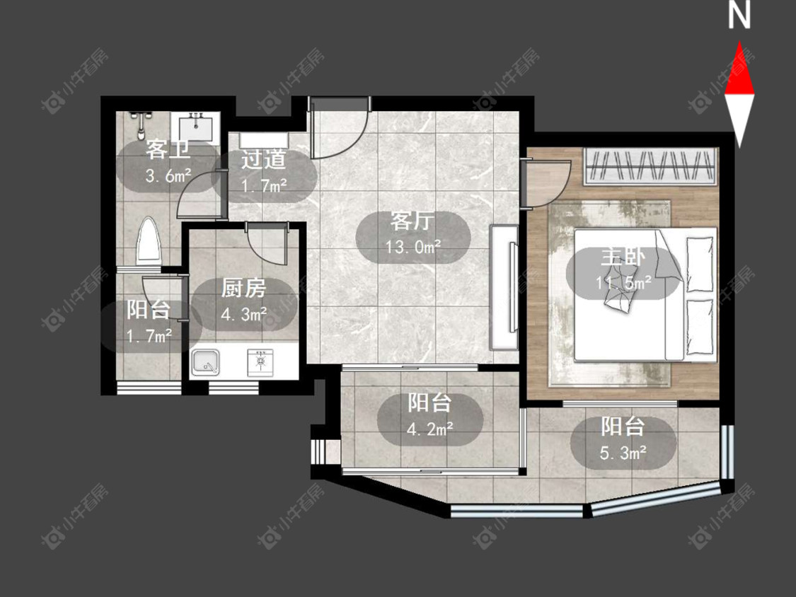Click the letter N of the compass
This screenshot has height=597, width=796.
click(x=739, y=15)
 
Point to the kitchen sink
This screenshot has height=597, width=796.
click(x=206, y=363)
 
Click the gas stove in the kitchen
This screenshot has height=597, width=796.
click(x=260, y=362)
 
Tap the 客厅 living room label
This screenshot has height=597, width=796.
click(x=413, y=221)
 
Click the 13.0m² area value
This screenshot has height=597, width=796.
click(x=413, y=248)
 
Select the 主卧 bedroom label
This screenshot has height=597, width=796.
click(x=623, y=257)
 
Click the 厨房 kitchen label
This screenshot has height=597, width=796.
click(x=243, y=289)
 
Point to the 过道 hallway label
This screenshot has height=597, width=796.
click(x=263, y=159)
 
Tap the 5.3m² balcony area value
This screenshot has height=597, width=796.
click(x=623, y=452)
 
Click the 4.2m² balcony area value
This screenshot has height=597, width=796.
click(x=430, y=429)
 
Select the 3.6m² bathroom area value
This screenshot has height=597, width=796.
click(x=168, y=175)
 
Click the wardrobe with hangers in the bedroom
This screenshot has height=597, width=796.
click(x=650, y=166)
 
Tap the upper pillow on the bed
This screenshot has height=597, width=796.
click(x=700, y=264)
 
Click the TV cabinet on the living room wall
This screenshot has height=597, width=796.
click(x=504, y=287)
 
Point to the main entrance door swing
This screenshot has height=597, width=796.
click(x=339, y=129)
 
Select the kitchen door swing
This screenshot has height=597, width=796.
click(x=267, y=243)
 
